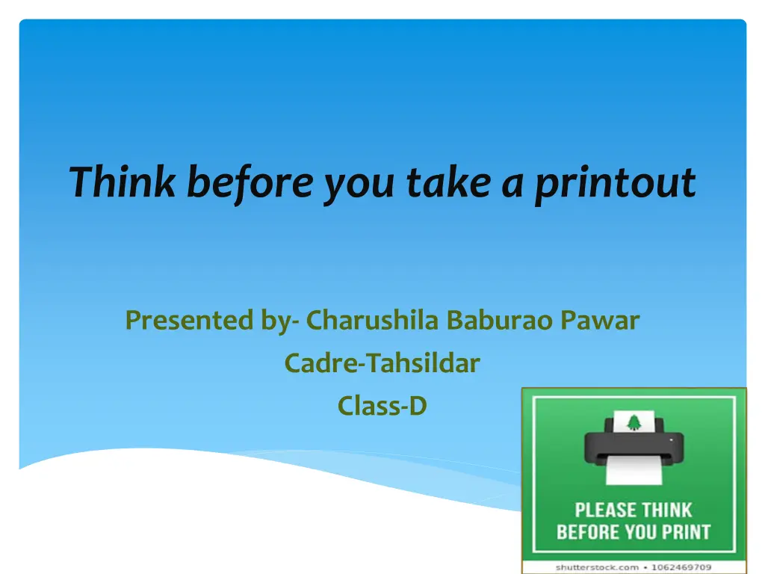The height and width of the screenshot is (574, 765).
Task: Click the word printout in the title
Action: (x=615, y=184)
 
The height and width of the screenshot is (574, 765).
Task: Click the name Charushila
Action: (x=374, y=321)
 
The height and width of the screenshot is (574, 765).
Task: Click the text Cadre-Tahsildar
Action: (x=382, y=363)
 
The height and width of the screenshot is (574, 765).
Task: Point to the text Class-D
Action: (x=382, y=406)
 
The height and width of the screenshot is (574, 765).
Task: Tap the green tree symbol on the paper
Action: (x=634, y=423)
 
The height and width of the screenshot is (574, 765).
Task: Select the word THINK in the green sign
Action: (x=666, y=511)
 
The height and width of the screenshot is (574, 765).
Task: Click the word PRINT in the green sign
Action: (x=684, y=533)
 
